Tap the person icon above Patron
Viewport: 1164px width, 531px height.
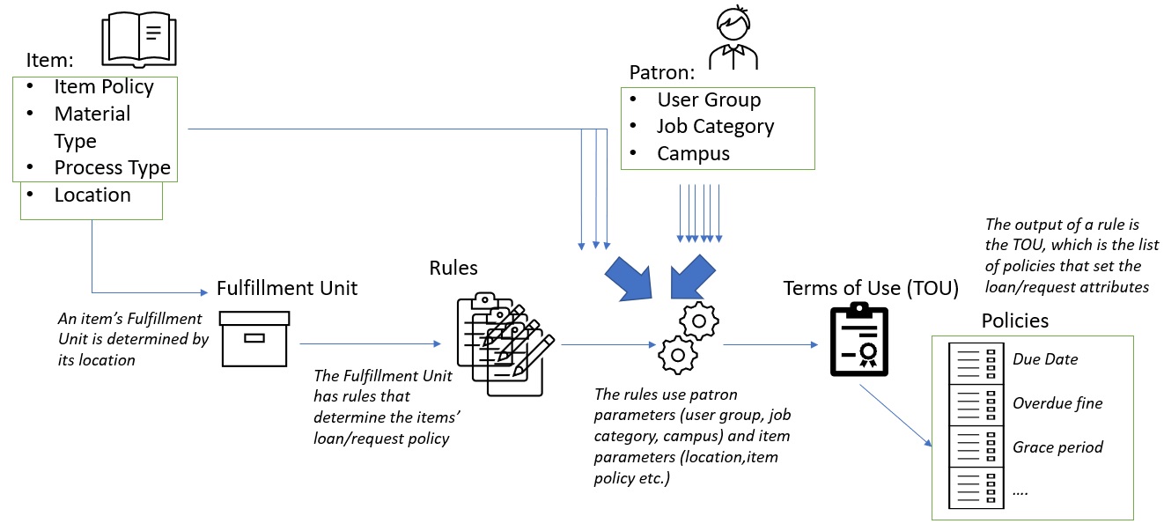coord(733,36)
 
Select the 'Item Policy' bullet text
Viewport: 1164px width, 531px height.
coord(104,87)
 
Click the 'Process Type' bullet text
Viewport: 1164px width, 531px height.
coord(112,168)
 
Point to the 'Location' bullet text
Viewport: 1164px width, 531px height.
coord(92,195)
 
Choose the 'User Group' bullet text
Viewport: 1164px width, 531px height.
coord(709,100)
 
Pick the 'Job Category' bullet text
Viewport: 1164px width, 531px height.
coord(715,127)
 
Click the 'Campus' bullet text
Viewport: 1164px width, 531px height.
coord(693,154)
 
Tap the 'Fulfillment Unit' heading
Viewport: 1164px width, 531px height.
coord(287,289)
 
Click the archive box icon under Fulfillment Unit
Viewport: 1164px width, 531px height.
coord(254,337)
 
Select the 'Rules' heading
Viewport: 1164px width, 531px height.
coord(453,267)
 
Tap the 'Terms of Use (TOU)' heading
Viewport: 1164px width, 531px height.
coord(870,288)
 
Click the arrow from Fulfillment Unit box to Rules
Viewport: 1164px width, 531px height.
coord(370,344)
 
